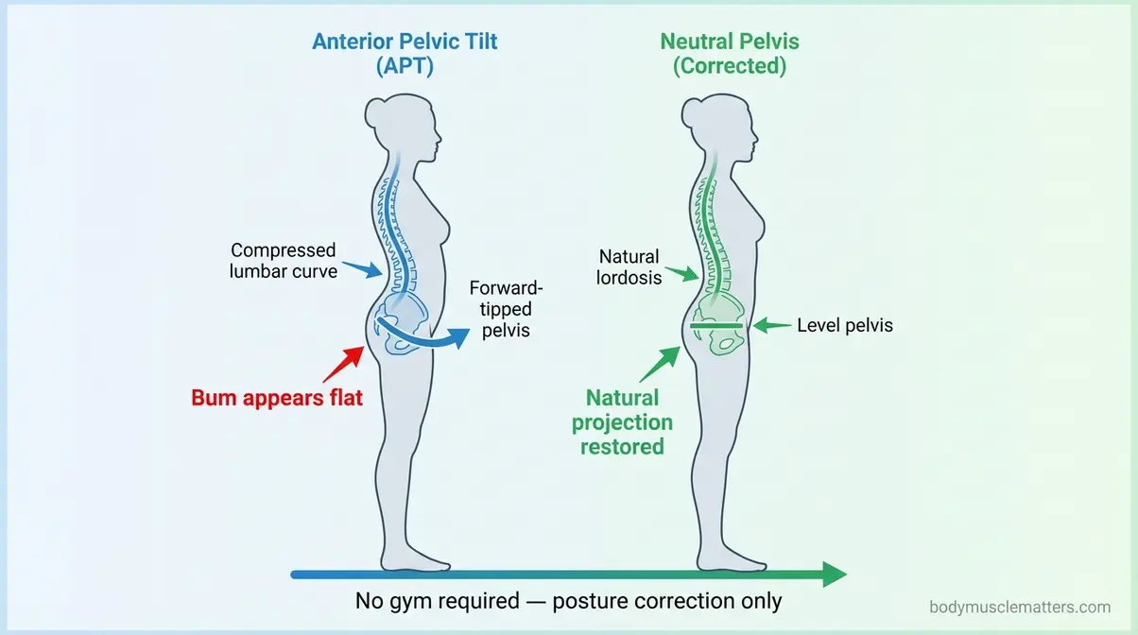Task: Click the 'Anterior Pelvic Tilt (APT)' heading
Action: pyautogui.click(x=404, y=54)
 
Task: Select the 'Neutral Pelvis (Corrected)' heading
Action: pyautogui.click(x=730, y=54)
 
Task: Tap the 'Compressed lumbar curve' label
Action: pyautogui.click(x=284, y=261)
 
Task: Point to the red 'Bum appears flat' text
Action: pyautogui.click(x=277, y=398)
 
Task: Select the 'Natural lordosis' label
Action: pyautogui.click(x=629, y=267)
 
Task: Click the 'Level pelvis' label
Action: pyautogui.click(x=844, y=325)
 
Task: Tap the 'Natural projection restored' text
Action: pyautogui.click(x=622, y=421)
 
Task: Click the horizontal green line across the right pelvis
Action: pyautogui.click(x=716, y=325)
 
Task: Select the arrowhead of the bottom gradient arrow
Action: pyautogui.click(x=833, y=574)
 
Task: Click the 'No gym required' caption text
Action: pyautogui.click(x=568, y=601)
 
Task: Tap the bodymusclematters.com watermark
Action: pyautogui.click(x=1020, y=608)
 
